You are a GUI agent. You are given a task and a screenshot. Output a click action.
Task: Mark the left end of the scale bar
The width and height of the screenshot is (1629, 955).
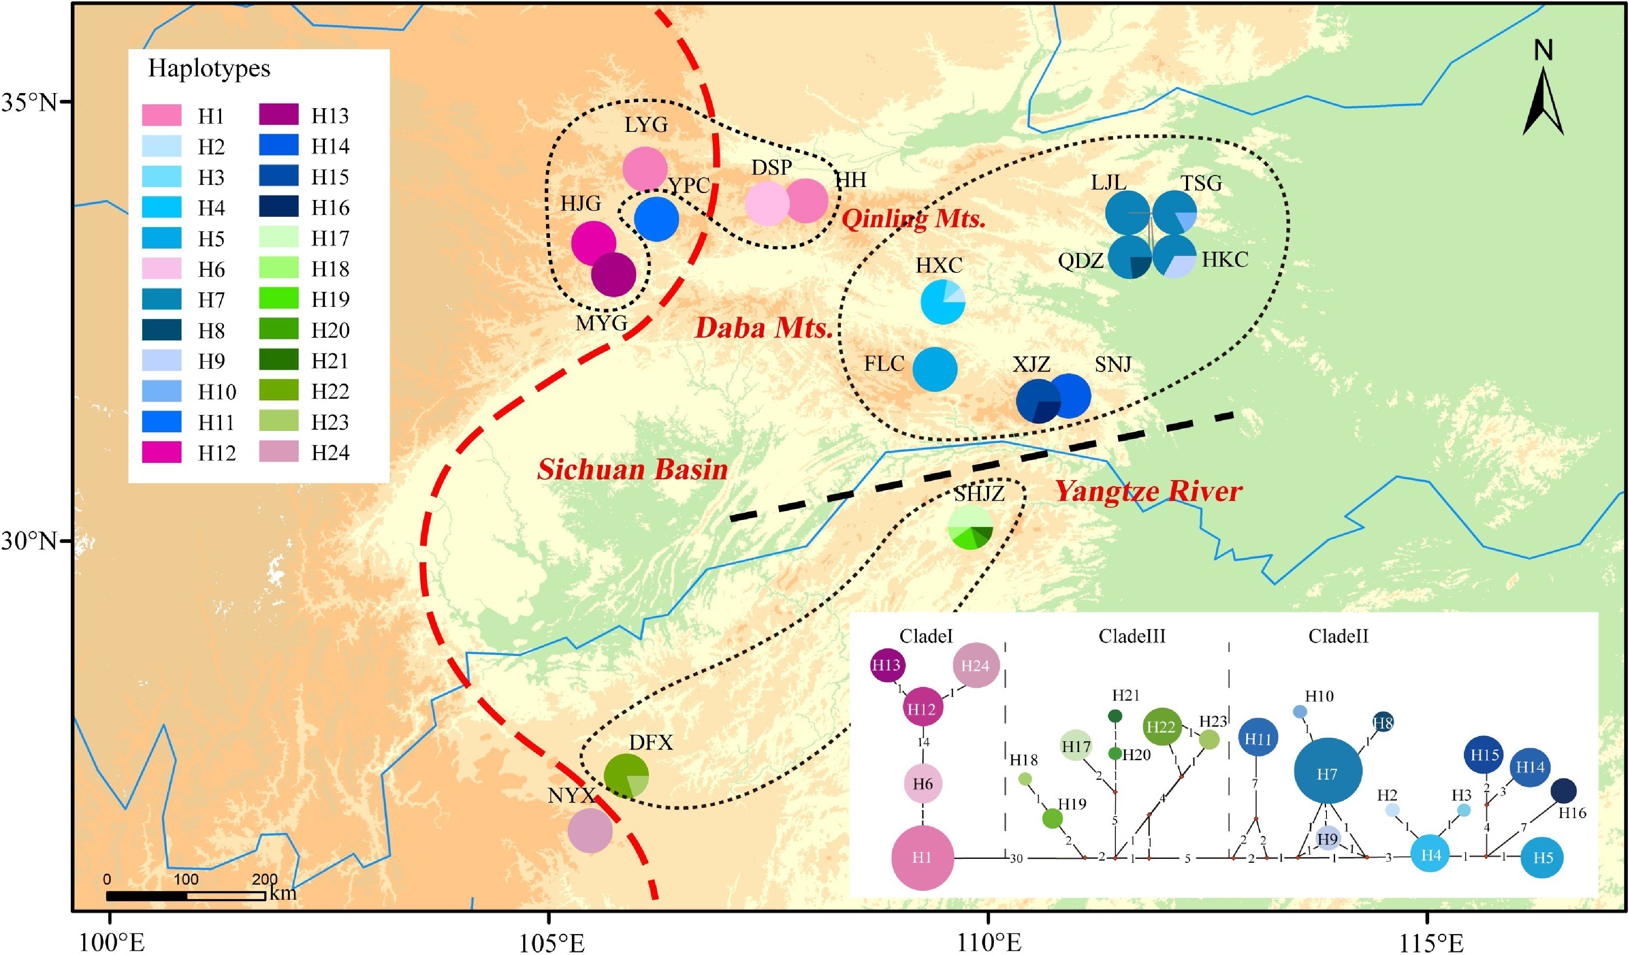click(x=107, y=896)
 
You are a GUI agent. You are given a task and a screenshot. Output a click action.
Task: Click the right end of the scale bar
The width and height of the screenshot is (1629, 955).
click(x=265, y=896)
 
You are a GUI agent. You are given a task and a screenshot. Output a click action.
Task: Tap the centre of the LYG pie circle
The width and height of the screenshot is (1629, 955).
click(x=645, y=169)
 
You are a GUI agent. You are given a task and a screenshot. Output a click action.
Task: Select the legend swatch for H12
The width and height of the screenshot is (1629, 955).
click(x=162, y=453)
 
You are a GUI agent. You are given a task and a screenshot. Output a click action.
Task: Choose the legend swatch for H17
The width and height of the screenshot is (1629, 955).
click(x=278, y=238)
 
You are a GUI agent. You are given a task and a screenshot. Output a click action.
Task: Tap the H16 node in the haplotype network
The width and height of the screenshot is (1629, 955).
click(x=1563, y=790)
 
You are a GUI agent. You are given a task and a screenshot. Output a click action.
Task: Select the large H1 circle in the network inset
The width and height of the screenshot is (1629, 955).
click(x=922, y=857)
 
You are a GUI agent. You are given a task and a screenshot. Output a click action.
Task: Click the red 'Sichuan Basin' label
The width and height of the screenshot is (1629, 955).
click(x=632, y=469)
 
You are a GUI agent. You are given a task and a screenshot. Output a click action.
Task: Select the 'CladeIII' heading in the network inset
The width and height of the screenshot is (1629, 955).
click(x=1132, y=636)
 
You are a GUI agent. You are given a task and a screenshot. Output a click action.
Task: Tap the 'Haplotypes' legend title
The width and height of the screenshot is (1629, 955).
click(x=209, y=69)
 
